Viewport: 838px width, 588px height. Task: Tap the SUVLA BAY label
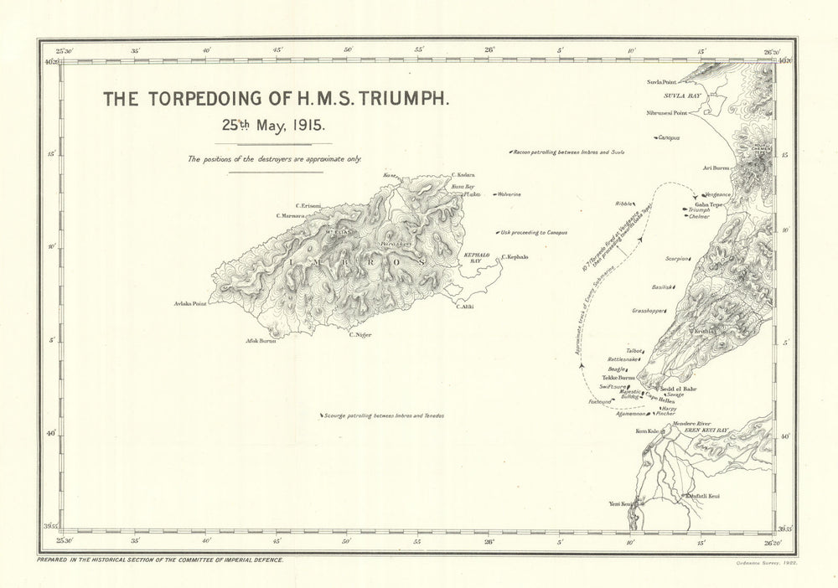pos(682,96)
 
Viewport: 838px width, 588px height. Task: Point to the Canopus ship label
pos(667,137)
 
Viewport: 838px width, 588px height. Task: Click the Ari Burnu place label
pos(716,168)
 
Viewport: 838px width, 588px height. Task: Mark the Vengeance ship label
pos(717,194)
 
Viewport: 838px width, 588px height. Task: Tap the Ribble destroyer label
pos(624,204)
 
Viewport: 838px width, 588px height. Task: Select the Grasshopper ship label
pos(649,311)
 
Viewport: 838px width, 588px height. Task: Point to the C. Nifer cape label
pos(360,335)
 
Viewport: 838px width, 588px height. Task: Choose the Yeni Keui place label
pos(620,504)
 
